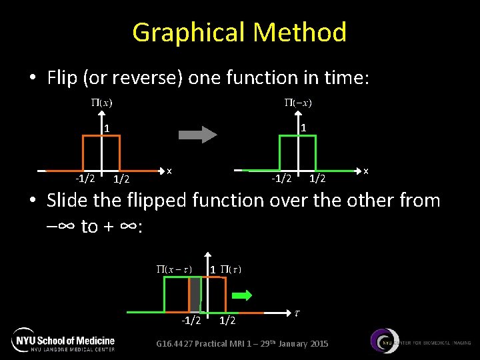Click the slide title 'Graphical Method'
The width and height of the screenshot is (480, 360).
[x=239, y=32]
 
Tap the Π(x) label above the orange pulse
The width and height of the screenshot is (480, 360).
[x=101, y=103]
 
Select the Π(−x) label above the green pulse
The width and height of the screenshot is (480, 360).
[x=298, y=103]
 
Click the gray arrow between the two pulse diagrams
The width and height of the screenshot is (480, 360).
[x=198, y=135]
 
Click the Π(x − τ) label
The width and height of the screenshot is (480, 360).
[x=174, y=269]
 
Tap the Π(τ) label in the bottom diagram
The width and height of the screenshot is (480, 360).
[x=230, y=269]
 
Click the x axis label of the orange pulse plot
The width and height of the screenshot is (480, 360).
[x=170, y=170]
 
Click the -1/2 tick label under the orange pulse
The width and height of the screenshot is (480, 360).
[x=85, y=178]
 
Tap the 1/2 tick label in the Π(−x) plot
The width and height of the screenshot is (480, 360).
[x=317, y=178]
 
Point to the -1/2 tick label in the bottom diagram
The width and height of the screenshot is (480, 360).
[x=191, y=321]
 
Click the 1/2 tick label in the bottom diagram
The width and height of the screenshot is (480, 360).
[x=227, y=321]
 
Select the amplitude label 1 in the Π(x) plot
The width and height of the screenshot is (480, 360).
[x=106, y=128]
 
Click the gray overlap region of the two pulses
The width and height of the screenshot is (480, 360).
[x=195, y=293]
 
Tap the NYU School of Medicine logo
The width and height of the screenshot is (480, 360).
[x=63, y=340]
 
